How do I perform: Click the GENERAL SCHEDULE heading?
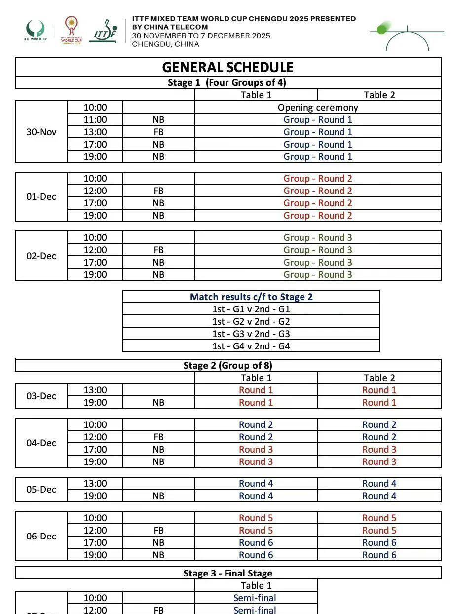(227, 67)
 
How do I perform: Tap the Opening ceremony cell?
(318, 107)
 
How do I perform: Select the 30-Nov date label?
(41, 132)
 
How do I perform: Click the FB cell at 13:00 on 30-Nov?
(158, 132)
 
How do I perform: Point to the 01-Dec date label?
(41, 197)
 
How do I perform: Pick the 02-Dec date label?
(41, 256)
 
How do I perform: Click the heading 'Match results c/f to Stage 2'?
(251, 297)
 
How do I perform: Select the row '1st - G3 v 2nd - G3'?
(251, 334)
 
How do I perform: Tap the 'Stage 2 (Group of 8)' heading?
(227, 365)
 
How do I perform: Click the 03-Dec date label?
(41, 396)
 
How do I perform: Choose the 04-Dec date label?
(41, 443)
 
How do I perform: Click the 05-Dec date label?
(41, 490)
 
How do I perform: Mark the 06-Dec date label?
(41, 537)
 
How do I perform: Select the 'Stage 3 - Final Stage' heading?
(227, 573)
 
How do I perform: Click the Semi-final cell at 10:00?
(255, 598)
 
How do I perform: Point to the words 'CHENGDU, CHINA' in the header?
(165, 44)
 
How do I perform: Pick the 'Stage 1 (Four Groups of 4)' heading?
(227, 82)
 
